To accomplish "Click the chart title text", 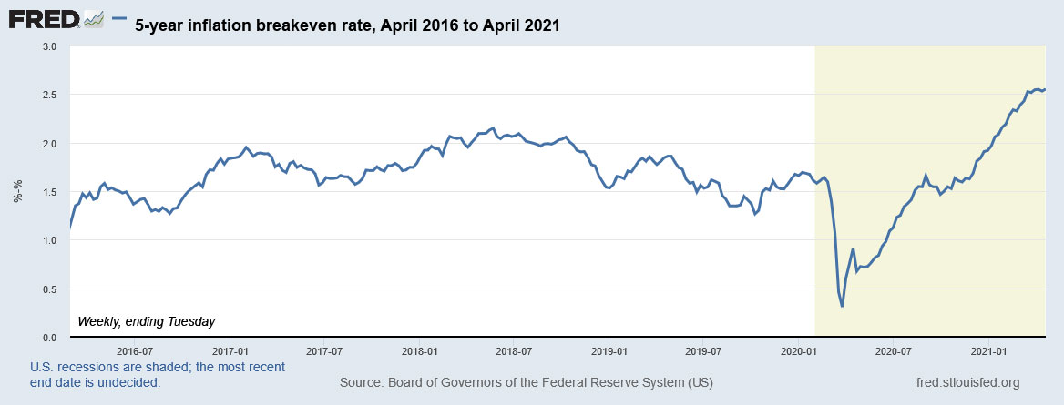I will (x=347, y=26).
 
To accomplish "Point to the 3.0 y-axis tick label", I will (x=49, y=46).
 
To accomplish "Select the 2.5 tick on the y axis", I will (x=49, y=95).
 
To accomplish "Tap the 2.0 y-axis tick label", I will (x=49, y=144).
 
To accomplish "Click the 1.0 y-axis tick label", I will (x=49, y=240).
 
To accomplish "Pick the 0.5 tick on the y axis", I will (x=49, y=289).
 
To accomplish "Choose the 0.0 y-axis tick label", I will (x=49, y=338).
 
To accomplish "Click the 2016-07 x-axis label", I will (x=134, y=350).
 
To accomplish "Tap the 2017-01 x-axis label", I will (x=230, y=350).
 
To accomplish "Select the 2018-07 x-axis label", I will (x=514, y=350).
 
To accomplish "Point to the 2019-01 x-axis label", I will (x=609, y=350).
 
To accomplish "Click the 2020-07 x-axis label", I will (x=893, y=350).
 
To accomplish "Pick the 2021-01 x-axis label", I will (x=987, y=350).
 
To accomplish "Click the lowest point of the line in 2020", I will (x=842, y=306).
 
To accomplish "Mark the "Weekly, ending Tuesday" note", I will (x=147, y=321).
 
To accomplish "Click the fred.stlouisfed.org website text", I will (x=967, y=382).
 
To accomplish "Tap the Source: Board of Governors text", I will (x=527, y=382).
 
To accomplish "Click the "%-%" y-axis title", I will (x=18, y=192).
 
